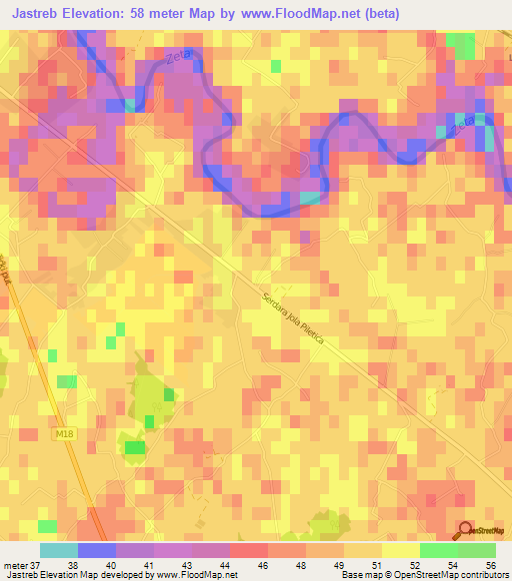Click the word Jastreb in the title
pyautogui.click(x=45, y=13)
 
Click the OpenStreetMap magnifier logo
pyautogui.click(x=464, y=531)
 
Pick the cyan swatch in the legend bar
pyautogui.click(x=58, y=551)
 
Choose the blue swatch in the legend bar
pyautogui.click(x=96, y=551)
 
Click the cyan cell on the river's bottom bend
pyautogui.click(x=310, y=198)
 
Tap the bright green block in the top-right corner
pyautogui.click(x=461, y=45)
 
